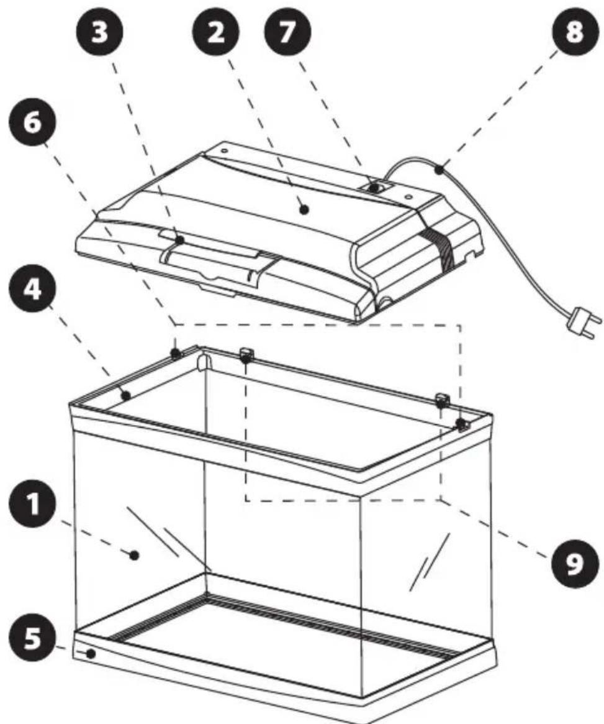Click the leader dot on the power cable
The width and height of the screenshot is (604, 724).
(x=439, y=168)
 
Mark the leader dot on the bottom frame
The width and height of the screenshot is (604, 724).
(x=91, y=654)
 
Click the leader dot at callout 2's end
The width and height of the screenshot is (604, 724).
(x=304, y=209)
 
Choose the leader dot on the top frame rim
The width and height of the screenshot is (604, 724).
(x=126, y=395)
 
